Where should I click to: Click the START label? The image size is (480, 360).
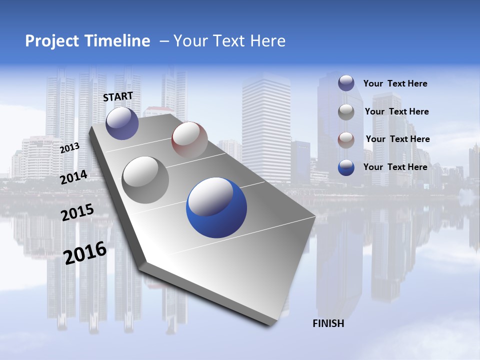pos(118,96)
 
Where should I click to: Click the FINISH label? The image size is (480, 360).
pos(328,323)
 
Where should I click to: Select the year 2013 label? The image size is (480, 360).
pos(69,148)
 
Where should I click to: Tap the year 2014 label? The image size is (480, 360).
pos(74,177)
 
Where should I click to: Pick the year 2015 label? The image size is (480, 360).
pos(77,212)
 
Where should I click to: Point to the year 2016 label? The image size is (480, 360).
pos(85,253)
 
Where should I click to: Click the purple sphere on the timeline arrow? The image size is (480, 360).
pos(122,123)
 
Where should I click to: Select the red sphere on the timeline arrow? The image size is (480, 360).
pos(189,140)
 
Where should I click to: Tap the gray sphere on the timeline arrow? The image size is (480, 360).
pos(145,179)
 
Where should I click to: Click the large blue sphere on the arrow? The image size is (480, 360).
pos(216,207)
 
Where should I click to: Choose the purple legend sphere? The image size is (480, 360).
pos(346,83)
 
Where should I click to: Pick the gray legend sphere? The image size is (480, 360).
pos(346,112)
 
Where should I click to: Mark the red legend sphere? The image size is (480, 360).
pos(346,140)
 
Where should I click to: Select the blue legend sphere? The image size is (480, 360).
pos(346,167)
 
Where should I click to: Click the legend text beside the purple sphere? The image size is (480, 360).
pos(395,83)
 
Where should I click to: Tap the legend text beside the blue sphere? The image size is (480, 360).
pos(395,167)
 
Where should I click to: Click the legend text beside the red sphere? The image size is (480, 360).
pos(397,139)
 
